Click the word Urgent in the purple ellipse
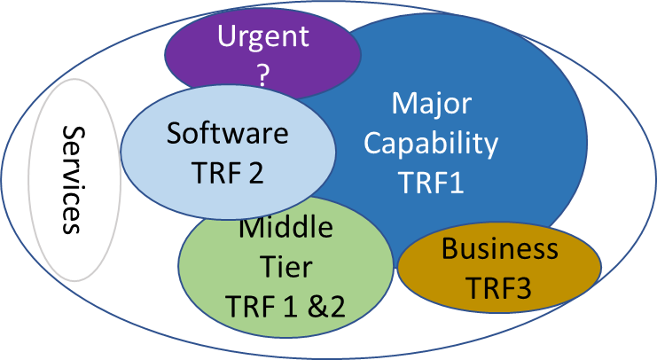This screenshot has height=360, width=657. point(263,37)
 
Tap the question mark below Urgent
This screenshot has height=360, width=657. point(263,76)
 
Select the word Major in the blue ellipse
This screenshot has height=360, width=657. point(432,103)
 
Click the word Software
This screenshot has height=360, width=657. point(228,134)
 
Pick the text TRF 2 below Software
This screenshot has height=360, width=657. point(228,174)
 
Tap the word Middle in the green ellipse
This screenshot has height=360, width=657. point(285,229)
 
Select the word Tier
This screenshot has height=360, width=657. point(285,266)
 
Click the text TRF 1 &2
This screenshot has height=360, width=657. point(285,306)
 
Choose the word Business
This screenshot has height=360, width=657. point(500,249)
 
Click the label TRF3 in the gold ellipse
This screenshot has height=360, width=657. point(500,287)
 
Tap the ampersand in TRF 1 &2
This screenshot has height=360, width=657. point(318,307)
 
